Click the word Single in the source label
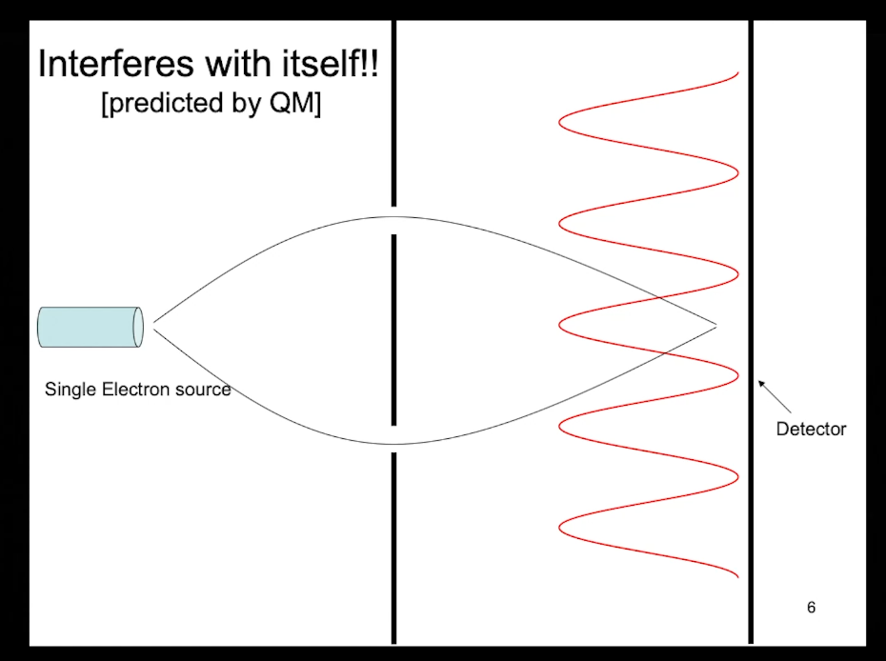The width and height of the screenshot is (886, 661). pos(67,389)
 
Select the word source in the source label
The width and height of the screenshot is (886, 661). pos(199,389)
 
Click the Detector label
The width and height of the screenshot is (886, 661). pos(811,429)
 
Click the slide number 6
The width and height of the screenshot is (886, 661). pos(811,607)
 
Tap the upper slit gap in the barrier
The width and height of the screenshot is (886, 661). pos(393,220)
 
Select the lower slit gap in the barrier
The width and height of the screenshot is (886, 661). pos(393,439)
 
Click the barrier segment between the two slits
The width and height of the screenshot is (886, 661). pos(393,329)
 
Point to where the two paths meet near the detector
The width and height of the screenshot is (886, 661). pos(715,326)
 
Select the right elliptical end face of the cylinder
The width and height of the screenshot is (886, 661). pos(138,327)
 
